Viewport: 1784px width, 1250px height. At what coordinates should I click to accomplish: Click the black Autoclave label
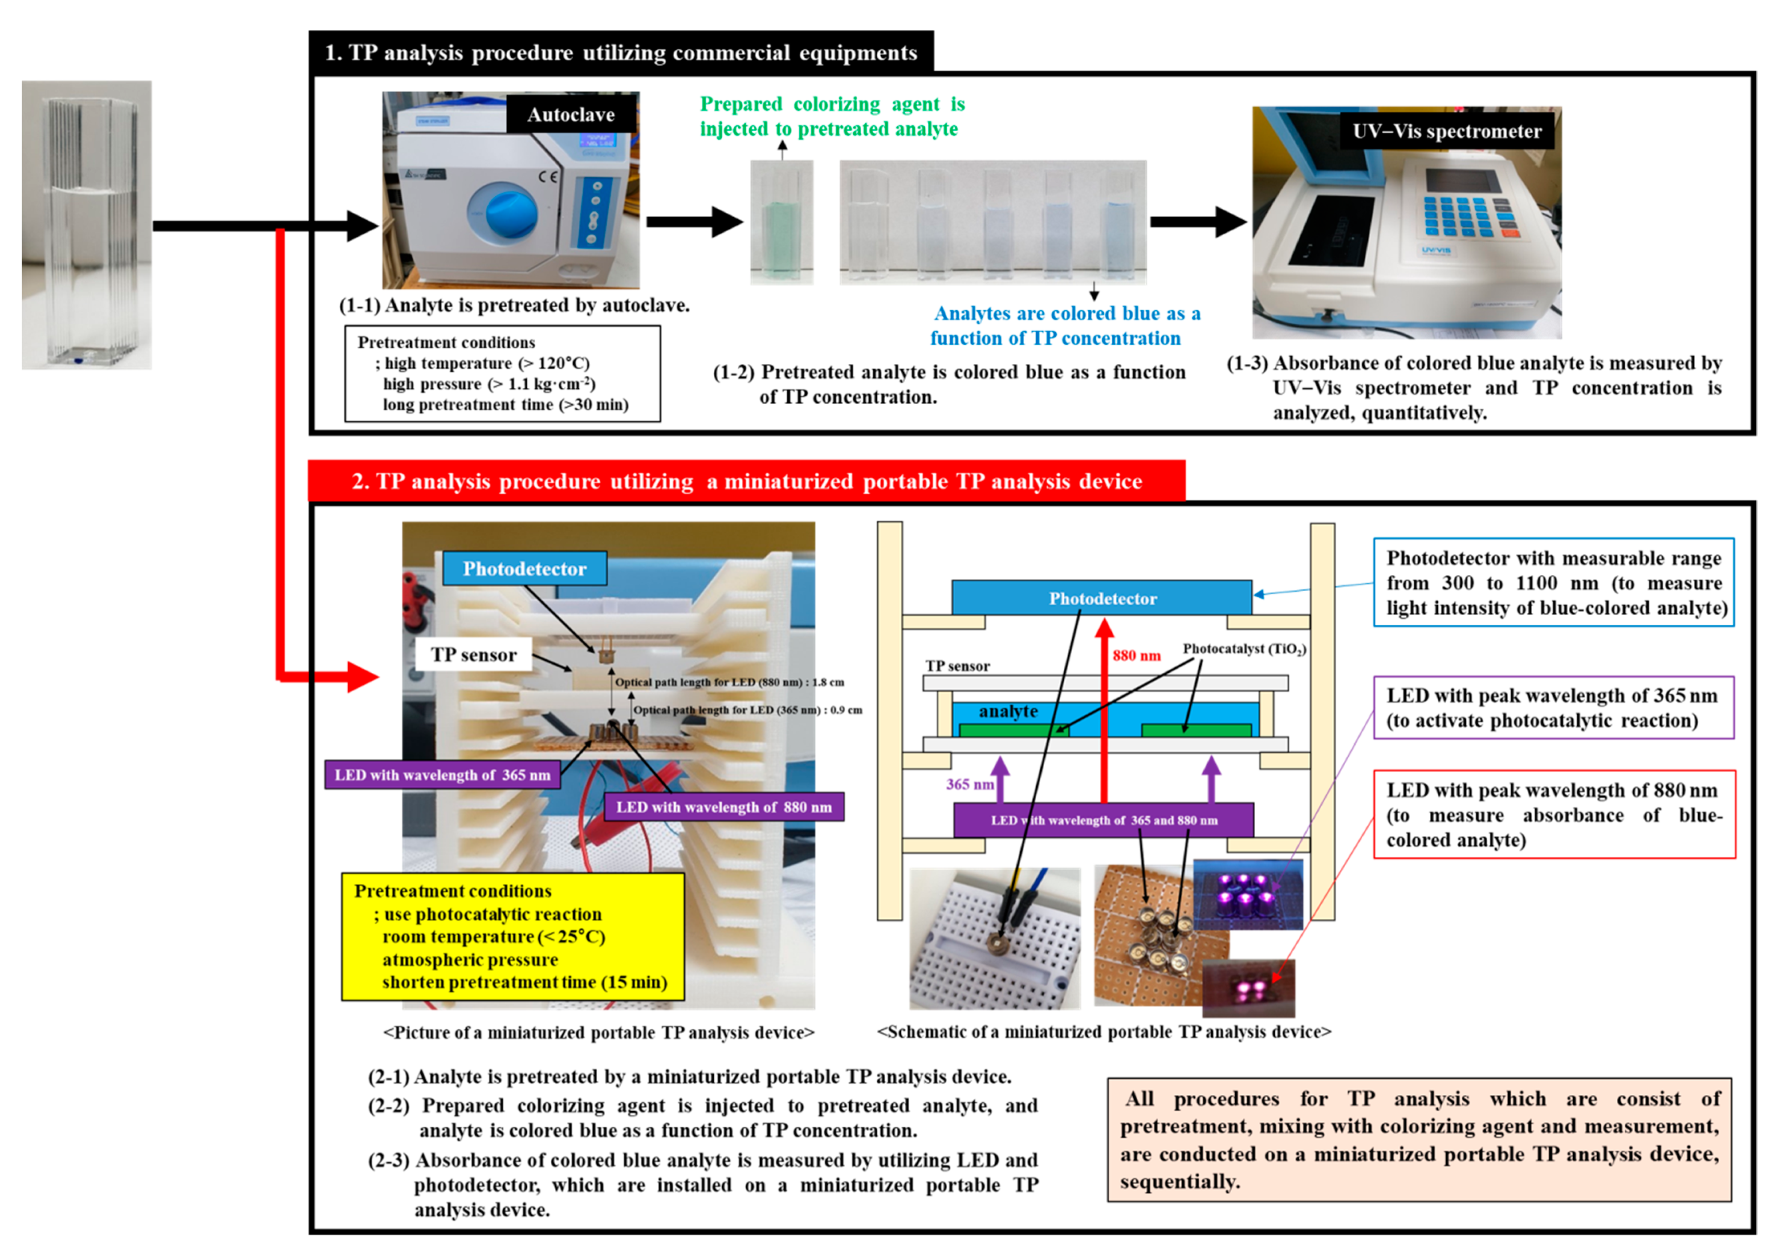[571, 115]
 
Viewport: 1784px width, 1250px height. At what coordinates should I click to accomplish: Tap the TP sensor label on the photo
[473, 655]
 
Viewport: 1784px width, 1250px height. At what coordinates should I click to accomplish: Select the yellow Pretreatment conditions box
[513, 936]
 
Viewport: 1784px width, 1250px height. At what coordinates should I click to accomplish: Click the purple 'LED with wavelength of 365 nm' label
[442, 775]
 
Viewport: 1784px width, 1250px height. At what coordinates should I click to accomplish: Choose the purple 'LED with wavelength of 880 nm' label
[723, 807]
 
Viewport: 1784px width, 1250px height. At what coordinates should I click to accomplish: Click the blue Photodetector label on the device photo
[525, 569]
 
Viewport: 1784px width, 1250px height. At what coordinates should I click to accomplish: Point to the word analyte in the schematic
[1008, 711]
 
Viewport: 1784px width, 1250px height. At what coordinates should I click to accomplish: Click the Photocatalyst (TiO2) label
[1243, 649]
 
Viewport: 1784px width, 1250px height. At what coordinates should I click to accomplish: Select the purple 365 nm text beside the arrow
[970, 785]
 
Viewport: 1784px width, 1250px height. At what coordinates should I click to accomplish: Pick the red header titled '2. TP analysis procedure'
[746, 482]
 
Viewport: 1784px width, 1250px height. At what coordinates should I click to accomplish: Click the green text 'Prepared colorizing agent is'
[831, 104]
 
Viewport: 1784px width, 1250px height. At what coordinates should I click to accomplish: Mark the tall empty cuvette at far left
[87, 225]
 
